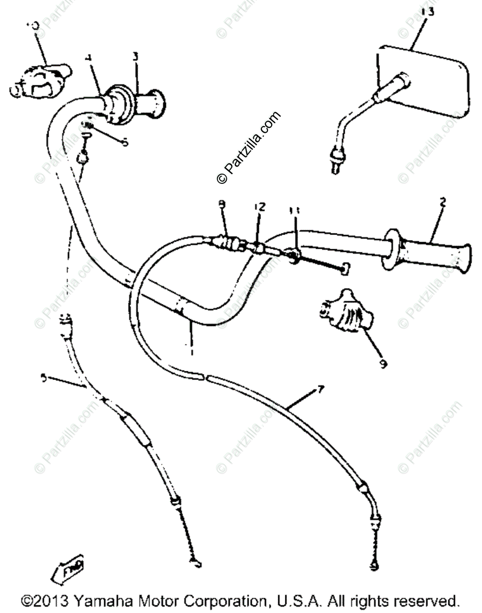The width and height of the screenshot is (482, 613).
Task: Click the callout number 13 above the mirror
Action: click(428, 12)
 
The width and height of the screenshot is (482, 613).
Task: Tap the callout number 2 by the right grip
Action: click(442, 202)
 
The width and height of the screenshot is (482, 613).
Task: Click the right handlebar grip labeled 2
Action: click(431, 252)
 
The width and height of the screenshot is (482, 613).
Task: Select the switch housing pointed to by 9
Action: click(345, 309)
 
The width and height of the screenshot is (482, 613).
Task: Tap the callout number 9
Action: click(383, 364)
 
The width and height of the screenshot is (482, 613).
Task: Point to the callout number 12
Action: click(259, 206)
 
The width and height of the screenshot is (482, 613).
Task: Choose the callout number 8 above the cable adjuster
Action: click(221, 204)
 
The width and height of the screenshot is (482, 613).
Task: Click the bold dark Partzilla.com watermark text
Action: click(249, 148)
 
